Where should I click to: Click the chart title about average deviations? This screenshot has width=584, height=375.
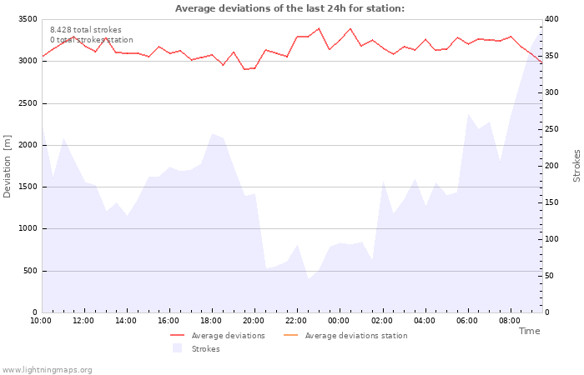point(289,8)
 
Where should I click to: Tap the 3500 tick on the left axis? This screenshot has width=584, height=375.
point(28,19)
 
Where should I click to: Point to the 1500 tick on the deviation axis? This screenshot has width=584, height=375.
point(28,187)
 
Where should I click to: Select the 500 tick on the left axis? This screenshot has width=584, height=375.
point(30,271)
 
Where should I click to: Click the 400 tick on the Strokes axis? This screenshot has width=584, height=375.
point(552,19)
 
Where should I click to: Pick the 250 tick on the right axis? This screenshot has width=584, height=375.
point(552,129)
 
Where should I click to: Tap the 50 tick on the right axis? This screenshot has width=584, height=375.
point(550,276)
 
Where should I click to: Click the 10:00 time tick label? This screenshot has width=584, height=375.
point(41,320)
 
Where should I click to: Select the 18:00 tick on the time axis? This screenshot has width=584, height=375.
point(211,320)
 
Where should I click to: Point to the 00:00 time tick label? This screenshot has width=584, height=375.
point(339,320)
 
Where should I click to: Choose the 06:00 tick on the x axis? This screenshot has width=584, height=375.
point(467,320)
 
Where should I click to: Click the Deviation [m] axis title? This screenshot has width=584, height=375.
point(8,166)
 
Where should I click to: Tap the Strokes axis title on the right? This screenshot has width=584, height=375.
point(576,166)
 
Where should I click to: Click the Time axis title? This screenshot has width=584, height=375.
point(529,331)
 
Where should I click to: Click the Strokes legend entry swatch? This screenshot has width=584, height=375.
point(177,348)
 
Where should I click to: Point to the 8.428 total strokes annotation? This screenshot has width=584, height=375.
point(85,30)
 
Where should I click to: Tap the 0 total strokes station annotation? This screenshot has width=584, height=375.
point(91,40)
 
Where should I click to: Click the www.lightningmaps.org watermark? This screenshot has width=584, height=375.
point(48,369)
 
